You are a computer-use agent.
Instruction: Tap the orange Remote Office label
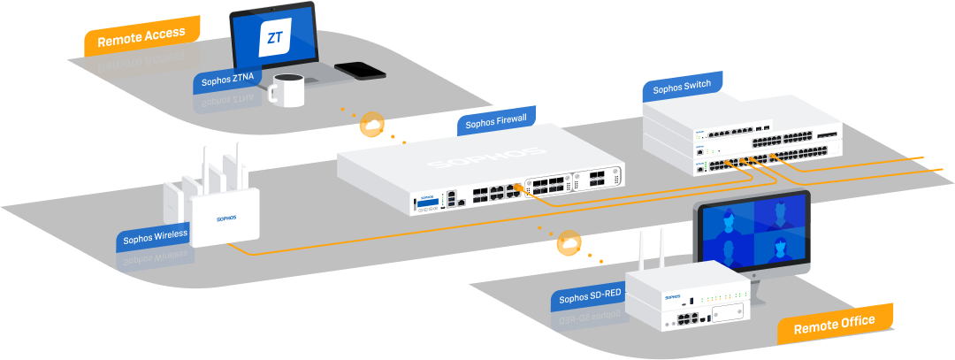pos(835,324)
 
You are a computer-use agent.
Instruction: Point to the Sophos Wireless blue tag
pos(155,237)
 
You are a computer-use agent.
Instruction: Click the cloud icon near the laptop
pos(372,126)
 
